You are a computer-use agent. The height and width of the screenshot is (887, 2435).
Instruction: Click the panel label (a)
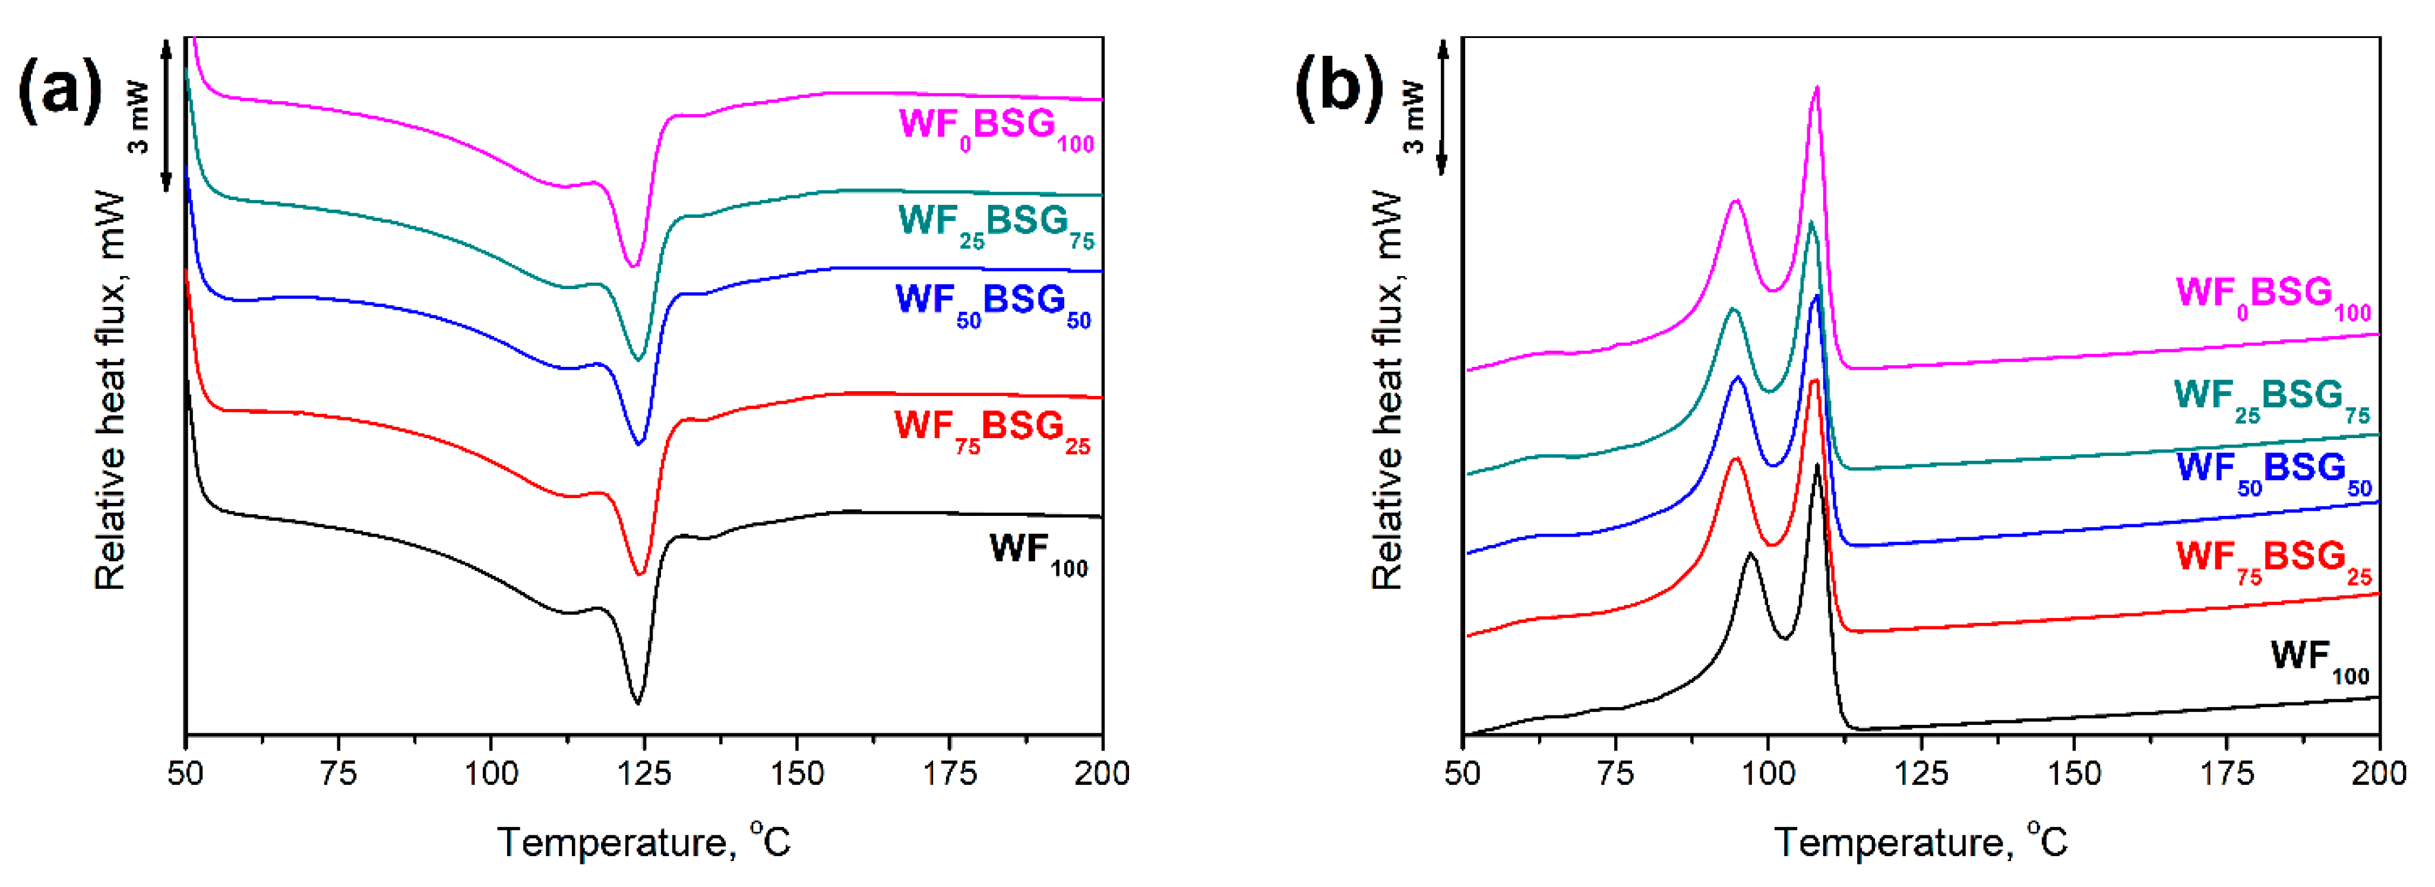pos(59,90)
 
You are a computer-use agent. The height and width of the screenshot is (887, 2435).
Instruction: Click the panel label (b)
pos(1337,90)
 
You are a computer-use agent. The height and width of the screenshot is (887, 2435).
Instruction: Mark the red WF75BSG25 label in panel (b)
pos(2272,560)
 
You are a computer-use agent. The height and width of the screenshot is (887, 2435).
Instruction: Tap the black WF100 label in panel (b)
pos(2319,658)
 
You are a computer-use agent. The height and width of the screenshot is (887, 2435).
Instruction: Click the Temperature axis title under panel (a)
pos(644,842)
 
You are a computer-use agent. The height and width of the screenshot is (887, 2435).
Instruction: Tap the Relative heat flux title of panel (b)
pos(1387,389)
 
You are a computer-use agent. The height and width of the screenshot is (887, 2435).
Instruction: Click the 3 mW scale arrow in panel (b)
pos(1443,107)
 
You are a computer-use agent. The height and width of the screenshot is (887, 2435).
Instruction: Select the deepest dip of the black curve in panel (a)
pos(637,702)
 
